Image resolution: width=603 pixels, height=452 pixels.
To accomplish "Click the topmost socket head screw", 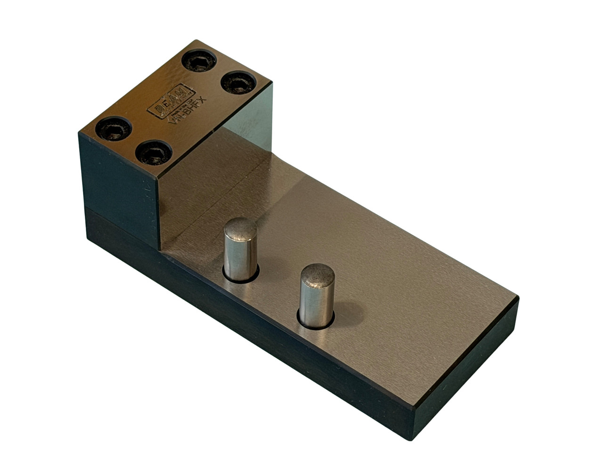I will (199, 61).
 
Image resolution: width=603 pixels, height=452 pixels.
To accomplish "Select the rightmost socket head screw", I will (239, 83).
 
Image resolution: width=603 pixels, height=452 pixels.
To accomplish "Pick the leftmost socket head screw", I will (114, 129).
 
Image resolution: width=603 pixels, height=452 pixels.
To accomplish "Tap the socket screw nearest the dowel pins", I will (154, 153).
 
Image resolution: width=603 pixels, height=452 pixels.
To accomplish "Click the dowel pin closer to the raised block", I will (240, 250).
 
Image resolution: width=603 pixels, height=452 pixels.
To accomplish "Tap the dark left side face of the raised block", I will (118, 184).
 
